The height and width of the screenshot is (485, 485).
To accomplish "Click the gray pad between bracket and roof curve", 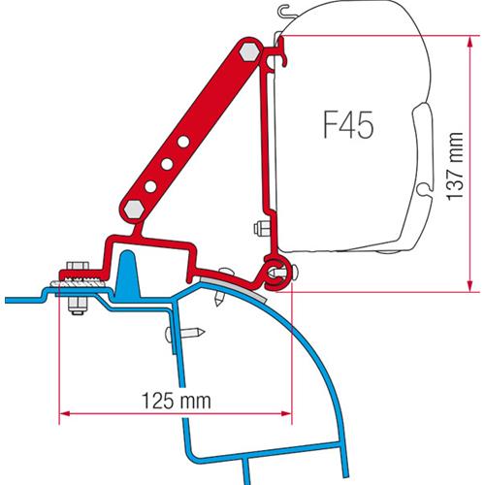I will (223, 279).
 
